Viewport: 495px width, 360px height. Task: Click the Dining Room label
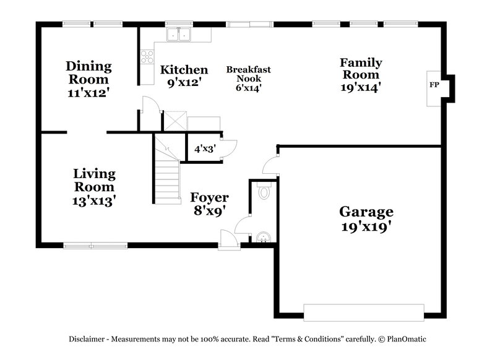click(89, 73)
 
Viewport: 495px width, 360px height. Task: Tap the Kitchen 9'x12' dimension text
click(184, 81)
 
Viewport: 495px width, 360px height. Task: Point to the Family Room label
click(360, 69)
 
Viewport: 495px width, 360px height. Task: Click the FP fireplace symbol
click(434, 85)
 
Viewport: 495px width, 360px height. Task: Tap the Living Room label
click(94, 180)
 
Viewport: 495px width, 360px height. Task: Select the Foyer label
click(209, 198)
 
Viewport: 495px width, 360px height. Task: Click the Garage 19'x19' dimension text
click(366, 226)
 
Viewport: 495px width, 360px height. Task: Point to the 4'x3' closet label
click(204, 149)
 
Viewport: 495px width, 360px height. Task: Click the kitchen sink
click(179, 35)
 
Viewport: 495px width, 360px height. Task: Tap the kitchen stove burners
click(147, 57)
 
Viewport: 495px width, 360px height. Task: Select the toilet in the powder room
click(265, 191)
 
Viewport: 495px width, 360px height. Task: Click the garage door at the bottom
click(364, 312)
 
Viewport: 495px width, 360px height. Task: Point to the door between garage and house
click(271, 165)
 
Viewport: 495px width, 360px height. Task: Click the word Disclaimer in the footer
click(88, 339)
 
